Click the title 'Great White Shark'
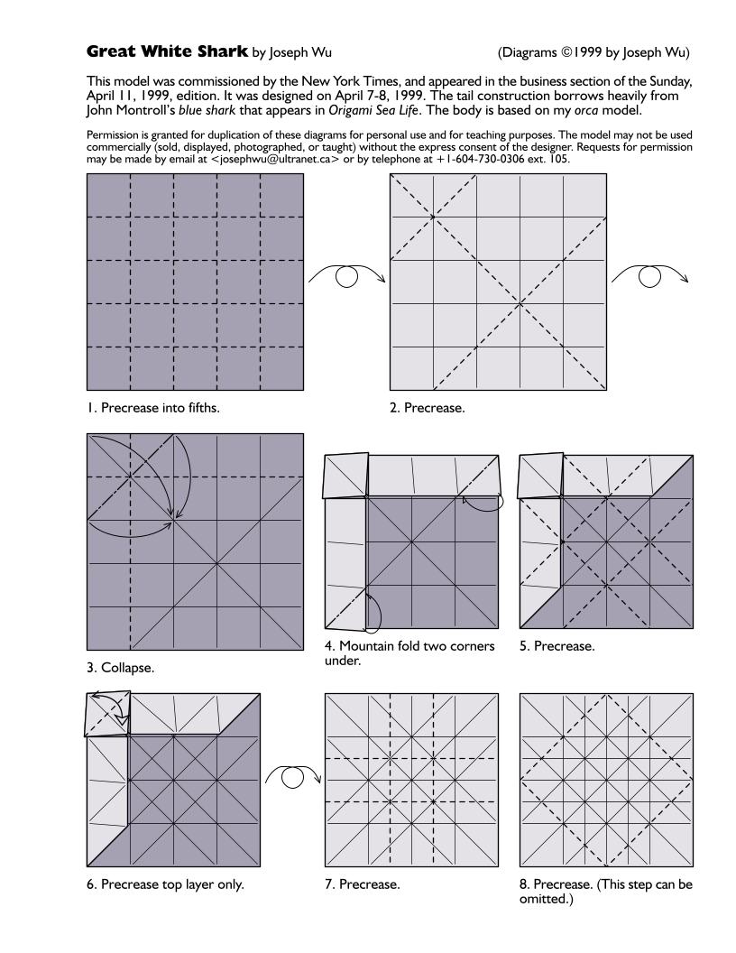coord(167,51)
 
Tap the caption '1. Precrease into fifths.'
coord(153,407)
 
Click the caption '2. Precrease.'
coord(428,407)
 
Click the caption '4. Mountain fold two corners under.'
coord(409,652)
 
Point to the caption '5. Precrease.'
coord(557,646)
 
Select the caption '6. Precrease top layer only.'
coord(165,884)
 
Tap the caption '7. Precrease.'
coord(363,884)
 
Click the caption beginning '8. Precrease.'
coord(605,891)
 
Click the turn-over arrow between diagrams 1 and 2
coord(347,275)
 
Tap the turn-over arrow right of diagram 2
coord(650,275)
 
